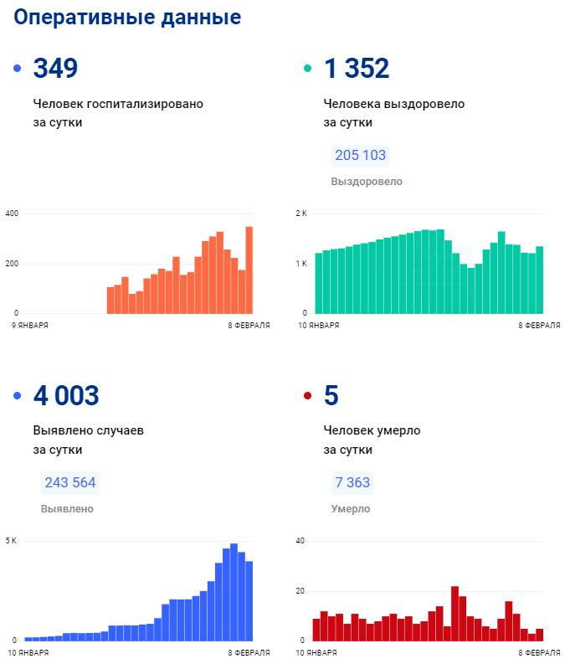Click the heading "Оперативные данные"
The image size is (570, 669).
pos(128,18)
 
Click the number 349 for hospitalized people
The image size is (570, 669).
pos(55,69)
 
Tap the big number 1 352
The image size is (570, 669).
pos(357,69)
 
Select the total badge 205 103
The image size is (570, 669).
pos(361,156)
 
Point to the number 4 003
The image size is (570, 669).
pos(66,395)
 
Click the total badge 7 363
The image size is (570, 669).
pos(352,482)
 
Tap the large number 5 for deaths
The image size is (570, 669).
pos(331,395)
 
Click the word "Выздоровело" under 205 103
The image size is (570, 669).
pos(367,182)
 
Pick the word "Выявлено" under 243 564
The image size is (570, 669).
pos(67,509)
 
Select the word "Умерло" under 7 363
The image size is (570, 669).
pos(350,509)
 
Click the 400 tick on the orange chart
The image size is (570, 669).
pos(13,214)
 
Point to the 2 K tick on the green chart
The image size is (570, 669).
pos(302,214)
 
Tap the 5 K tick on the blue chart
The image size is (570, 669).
pos(11,541)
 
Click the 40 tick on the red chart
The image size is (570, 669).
pos(300,541)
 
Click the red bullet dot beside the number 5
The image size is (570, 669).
pos(307,396)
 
